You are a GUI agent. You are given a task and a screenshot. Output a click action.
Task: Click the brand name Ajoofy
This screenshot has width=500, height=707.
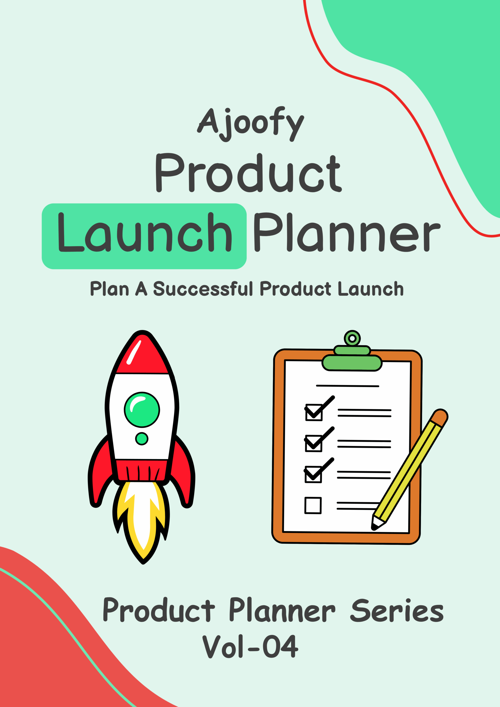250,124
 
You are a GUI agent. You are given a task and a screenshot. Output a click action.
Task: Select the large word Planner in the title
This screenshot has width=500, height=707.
347,232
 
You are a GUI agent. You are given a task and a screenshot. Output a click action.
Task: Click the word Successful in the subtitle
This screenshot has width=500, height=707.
203,289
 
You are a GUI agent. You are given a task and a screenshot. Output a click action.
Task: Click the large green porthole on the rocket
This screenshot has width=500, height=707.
142,410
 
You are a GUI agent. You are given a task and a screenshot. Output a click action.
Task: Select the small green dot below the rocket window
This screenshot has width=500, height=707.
142,439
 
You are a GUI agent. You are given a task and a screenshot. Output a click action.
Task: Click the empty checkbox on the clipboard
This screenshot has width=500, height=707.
313,505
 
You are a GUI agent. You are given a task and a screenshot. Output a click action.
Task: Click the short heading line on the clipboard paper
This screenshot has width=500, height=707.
348,386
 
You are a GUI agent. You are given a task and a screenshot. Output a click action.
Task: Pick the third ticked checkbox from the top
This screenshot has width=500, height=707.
313,474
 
